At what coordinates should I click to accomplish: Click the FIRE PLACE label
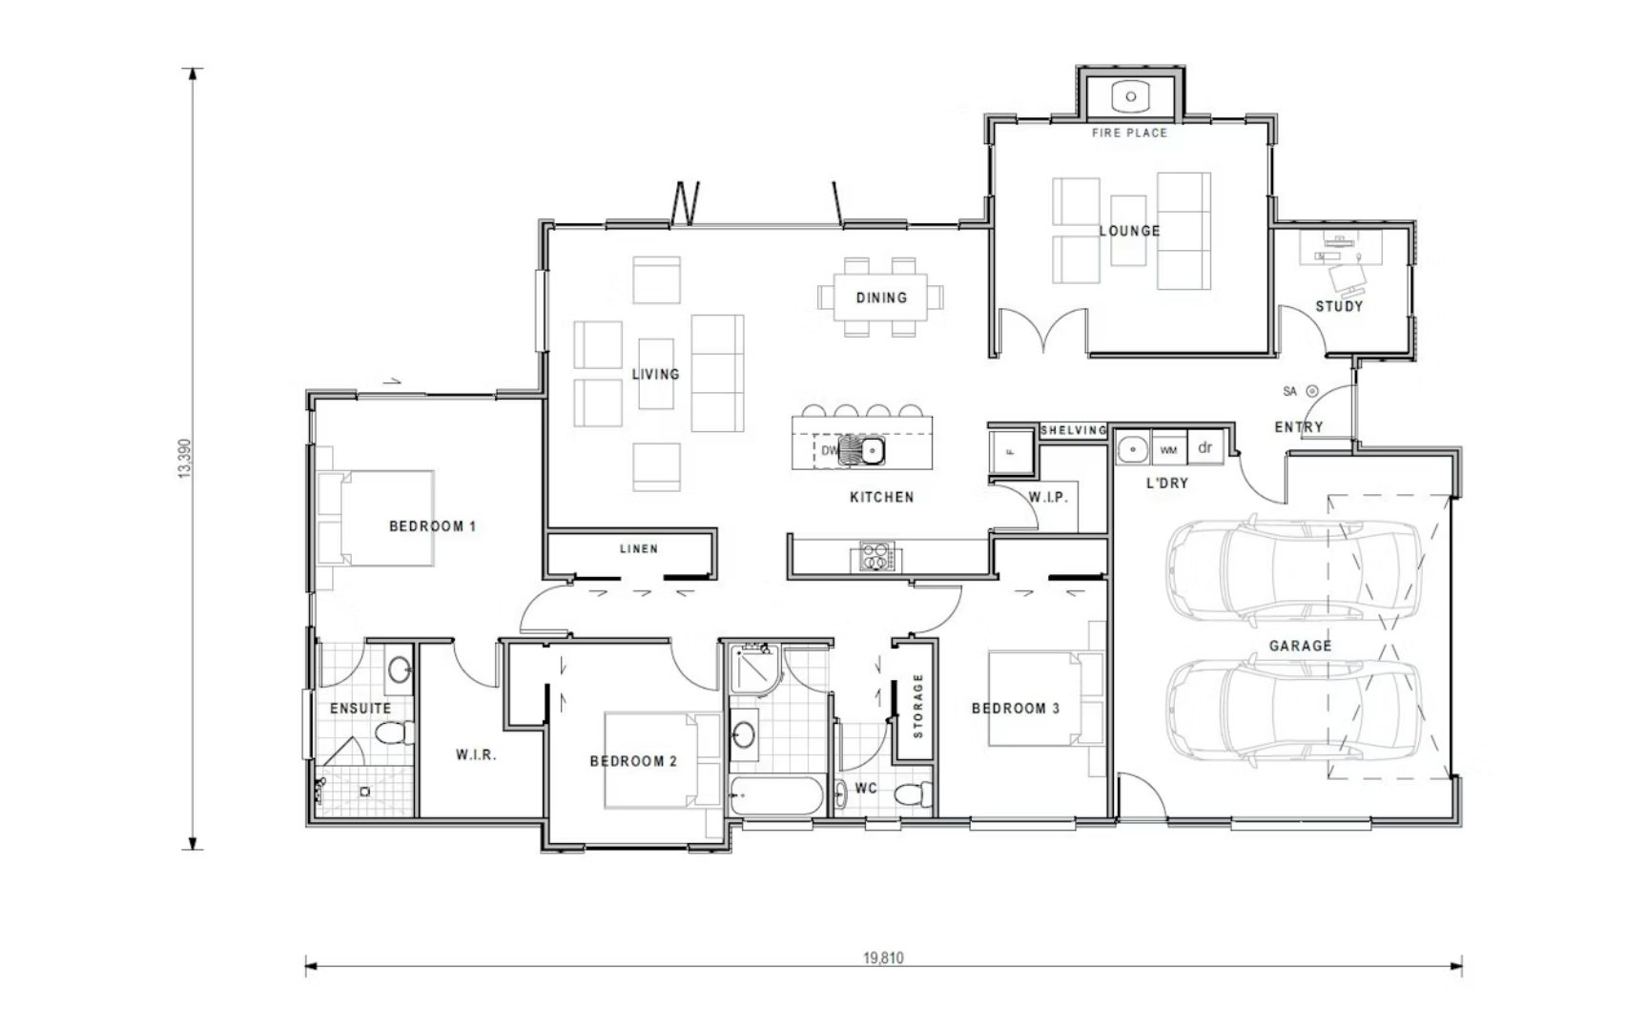(1129, 133)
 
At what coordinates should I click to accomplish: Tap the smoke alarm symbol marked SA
(1311, 391)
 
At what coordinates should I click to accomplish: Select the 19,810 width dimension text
(883, 958)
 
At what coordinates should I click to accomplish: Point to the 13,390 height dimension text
(185, 459)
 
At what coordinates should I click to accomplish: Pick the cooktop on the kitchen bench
(877, 556)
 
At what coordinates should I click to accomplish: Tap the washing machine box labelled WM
(1168, 449)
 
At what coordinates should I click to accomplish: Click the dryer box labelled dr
(1204, 447)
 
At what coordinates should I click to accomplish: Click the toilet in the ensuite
(394, 733)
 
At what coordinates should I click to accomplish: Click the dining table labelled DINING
(881, 298)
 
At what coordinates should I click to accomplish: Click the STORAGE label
(917, 706)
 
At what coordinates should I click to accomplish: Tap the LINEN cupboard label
(638, 548)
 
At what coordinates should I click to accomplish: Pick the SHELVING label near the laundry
(1073, 430)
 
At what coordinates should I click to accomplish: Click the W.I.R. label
(476, 754)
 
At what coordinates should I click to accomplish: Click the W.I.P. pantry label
(1048, 498)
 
